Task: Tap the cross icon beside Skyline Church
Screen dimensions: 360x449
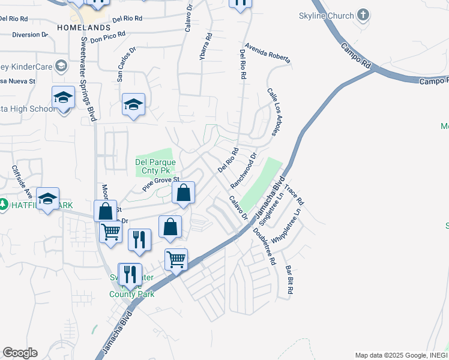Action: (363, 14)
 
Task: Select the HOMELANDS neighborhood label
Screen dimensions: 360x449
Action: (84, 28)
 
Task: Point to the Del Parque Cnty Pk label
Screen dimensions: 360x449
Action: (155, 167)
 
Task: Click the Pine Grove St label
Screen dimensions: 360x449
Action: (161, 184)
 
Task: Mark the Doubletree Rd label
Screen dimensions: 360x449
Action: (264, 246)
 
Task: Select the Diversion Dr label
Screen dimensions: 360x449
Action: (29, 35)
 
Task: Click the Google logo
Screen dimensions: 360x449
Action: (20, 353)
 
